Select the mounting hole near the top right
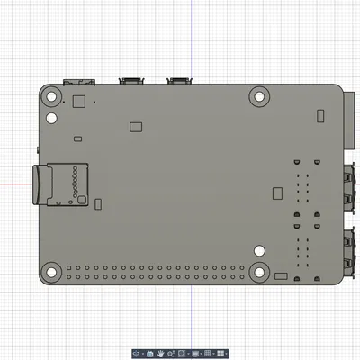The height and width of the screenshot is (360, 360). point(260,94)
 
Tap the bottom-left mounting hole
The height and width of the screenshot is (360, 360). point(52,270)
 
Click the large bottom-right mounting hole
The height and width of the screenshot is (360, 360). point(259,271)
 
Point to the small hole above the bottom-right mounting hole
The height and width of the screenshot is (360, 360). point(259,251)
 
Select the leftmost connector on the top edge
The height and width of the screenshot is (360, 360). point(76,81)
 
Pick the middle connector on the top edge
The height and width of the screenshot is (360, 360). point(133,81)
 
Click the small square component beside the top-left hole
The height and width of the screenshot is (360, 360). point(77,101)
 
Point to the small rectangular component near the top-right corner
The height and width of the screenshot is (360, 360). point(320,115)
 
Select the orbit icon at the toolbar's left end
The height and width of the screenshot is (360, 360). point(137,354)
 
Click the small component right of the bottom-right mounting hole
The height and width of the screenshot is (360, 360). point(280,274)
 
